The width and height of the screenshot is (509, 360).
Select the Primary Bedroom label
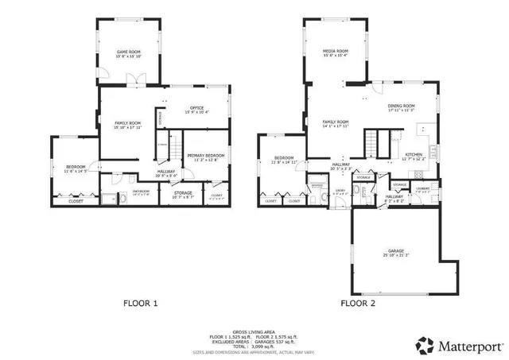[x=206, y=157]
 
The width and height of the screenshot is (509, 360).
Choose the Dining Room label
[x=401, y=107]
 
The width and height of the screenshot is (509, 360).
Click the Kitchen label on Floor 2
[x=414, y=156]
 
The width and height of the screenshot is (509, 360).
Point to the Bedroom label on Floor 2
[x=284, y=160]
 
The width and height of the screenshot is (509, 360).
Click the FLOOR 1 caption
[x=141, y=303]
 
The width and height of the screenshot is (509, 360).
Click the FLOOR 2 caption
[x=359, y=303]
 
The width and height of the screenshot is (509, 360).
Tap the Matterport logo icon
[x=425, y=345]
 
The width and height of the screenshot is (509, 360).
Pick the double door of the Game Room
[x=137, y=78]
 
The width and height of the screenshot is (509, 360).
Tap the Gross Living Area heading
[x=254, y=331]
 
